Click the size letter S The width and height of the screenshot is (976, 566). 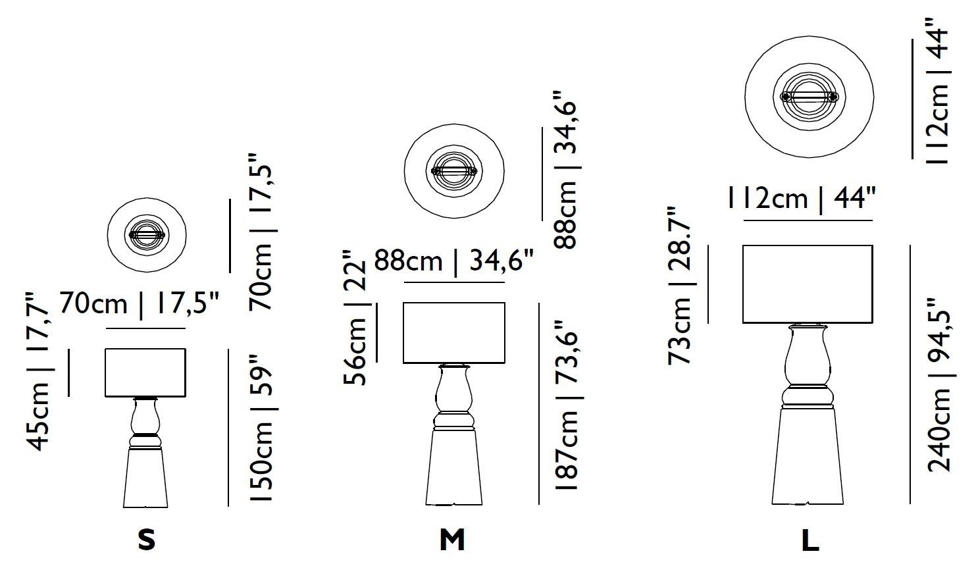tap(146, 540)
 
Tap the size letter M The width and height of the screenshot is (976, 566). tap(452, 540)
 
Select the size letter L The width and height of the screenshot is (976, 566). tap(810, 540)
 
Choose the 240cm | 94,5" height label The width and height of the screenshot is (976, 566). tap(939, 386)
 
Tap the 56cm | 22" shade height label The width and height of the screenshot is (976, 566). tap(355, 317)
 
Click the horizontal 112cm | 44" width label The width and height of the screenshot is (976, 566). tap(802, 199)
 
